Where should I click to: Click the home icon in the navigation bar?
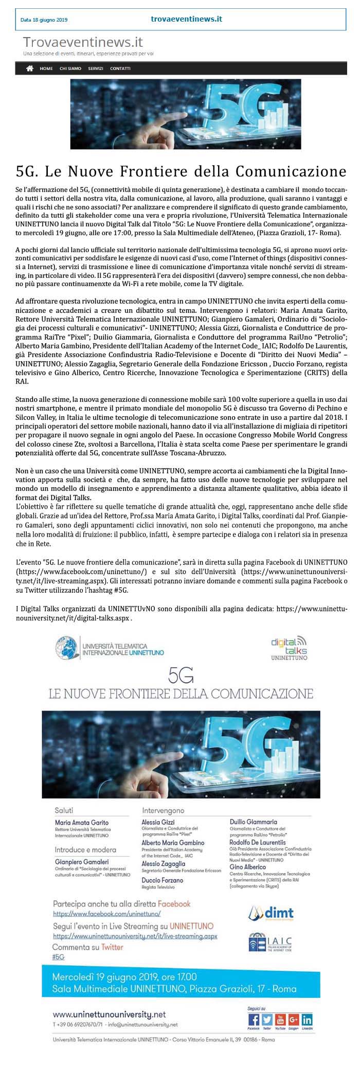tap(30, 68)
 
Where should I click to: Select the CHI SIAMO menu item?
tap(70, 68)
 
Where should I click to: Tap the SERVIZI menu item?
tap(95, 68)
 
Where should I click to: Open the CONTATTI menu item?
tap(120, 68)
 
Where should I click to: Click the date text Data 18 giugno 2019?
tap(44, 20)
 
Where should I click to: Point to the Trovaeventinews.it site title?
tap(83, 42)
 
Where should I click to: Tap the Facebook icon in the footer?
tap(254, 1020)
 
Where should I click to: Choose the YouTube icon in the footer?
tap(280, 1020)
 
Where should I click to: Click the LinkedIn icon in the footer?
tap(307, 1020)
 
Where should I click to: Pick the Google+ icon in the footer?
tap(294, 1020)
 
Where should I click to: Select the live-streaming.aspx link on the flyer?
tap(135, 936)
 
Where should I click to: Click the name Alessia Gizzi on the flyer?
tap(158, 823)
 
